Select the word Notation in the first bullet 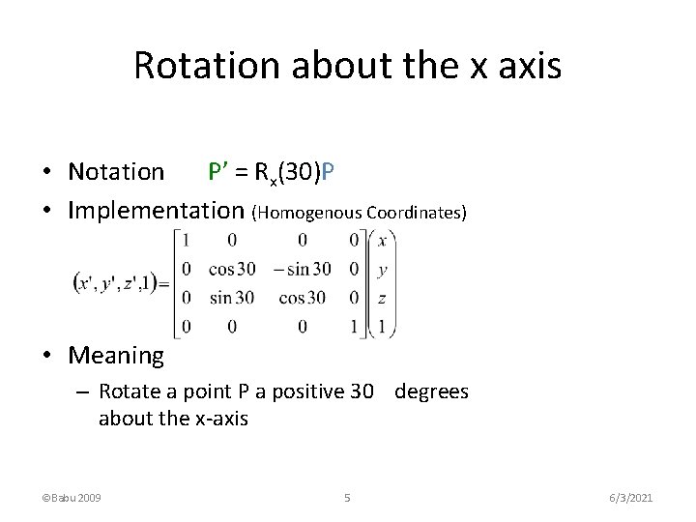tap(116, 172)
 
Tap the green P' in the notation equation tap(219, 172)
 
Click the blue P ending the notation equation tap(329, 172)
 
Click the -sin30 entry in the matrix tap(303, 269)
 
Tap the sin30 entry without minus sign tap(231, 298)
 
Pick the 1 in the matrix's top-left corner tap(186, 240)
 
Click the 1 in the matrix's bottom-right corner tap(355, 328)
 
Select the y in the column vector tap(383, 269)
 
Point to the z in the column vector tap(383, 299)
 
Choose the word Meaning tap(116, 356)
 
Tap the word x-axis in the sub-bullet tap(221, 419)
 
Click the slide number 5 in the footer tap(347, 498)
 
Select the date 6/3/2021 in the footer tap(631, 498)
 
